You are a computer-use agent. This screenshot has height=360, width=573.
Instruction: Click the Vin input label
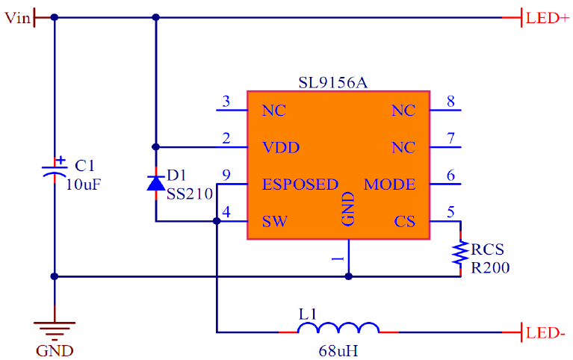tap(16, 18)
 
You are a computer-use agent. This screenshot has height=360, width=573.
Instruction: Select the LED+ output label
tap(548, 18)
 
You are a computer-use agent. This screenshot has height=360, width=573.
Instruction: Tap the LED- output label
tap(546, 332)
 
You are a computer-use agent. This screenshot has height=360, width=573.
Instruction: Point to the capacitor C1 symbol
tap(54, 168)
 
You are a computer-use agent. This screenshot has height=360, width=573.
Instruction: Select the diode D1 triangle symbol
tap(155, 183)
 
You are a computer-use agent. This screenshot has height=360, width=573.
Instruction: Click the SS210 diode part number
tap(185, 193)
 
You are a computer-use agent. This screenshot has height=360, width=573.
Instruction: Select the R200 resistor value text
tap(489, 267)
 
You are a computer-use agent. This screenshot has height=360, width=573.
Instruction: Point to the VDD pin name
tap(280, 148)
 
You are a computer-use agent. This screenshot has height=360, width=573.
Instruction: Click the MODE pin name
tap(389, 184)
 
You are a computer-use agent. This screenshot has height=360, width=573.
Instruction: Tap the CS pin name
tap(404, 222)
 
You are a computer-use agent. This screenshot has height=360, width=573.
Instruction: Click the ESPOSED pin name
tap(300, 184)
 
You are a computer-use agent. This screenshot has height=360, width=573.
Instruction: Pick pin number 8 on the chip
tap(450, 101)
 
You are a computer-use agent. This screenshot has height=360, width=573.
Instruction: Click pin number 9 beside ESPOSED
tap(226, 176)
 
